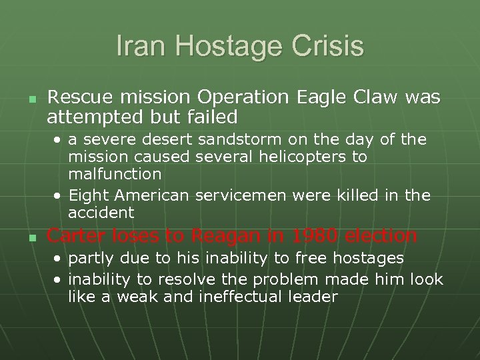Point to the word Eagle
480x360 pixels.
point(321,97)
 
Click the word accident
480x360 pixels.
point(101,213)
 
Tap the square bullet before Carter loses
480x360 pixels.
point(31,237)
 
